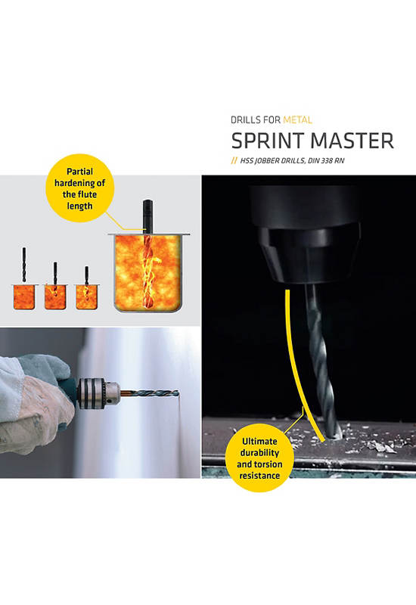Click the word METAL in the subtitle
(297, 120)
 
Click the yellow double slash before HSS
(234, 160)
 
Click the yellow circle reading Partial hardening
(80, 188)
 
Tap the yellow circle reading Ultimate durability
(259, 458)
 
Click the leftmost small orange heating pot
(24, 296)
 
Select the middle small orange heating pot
(55, 296)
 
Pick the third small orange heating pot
(86, 296)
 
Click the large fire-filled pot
(148, 272)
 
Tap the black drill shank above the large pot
(147, 216)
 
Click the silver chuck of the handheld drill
(98, 393)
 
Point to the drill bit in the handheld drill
(150, 394)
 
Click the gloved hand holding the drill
(36, 403)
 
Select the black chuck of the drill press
(309, 255)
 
